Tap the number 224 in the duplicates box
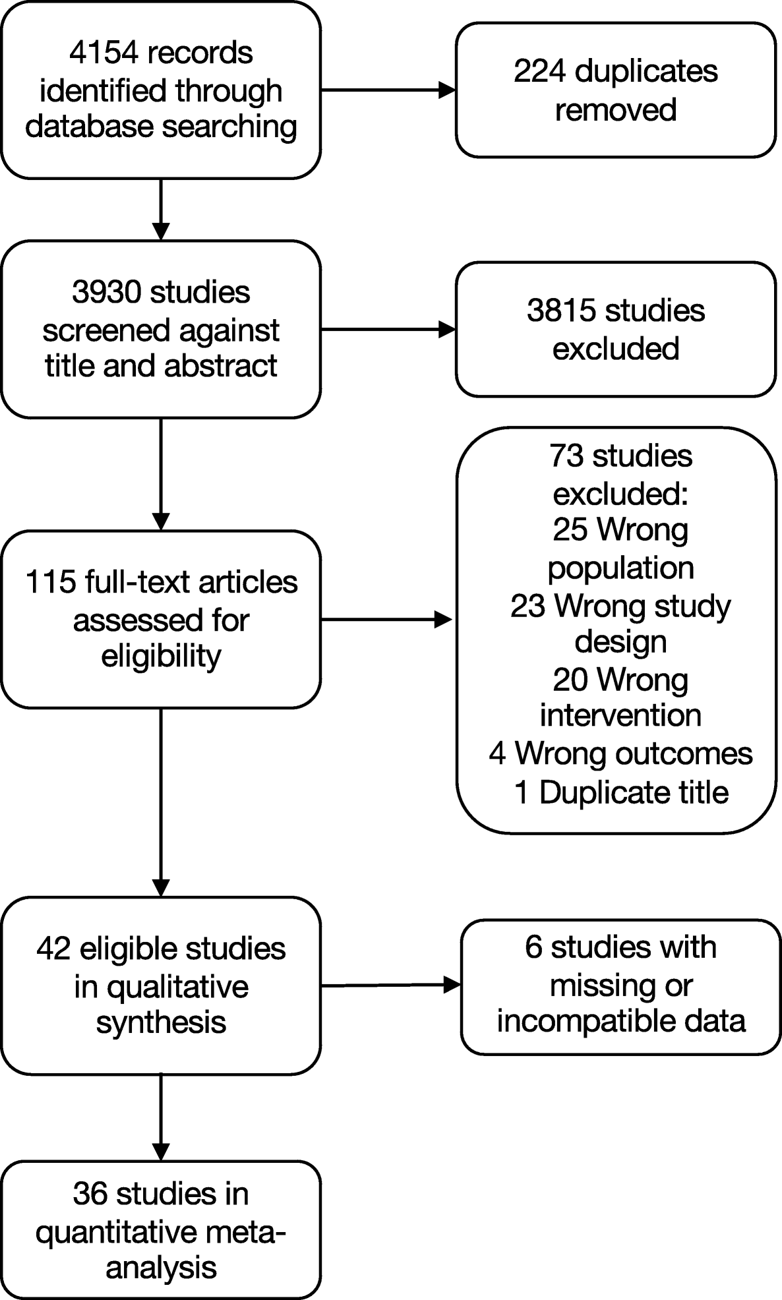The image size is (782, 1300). tap(539, 71)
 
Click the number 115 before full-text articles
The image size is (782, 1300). tap(49, 582)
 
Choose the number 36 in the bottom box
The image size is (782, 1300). tap(90, 1194)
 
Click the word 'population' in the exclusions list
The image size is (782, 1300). tap(620, 568)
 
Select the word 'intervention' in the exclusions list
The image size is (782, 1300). tap(620, 715)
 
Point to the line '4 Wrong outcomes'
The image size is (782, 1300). tap(620, 753)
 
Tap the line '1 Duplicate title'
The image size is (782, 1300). tap(620, 792)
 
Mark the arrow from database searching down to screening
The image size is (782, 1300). tap(161, 209)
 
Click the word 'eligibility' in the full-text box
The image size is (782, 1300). tap(161, 656)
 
